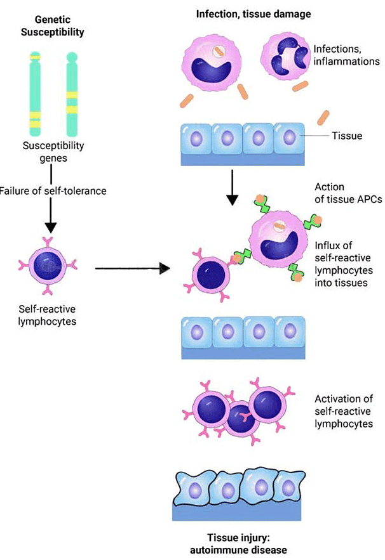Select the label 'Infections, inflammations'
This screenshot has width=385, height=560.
tap(346, 55)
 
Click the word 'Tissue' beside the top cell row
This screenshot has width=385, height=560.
tap(347, 136)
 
